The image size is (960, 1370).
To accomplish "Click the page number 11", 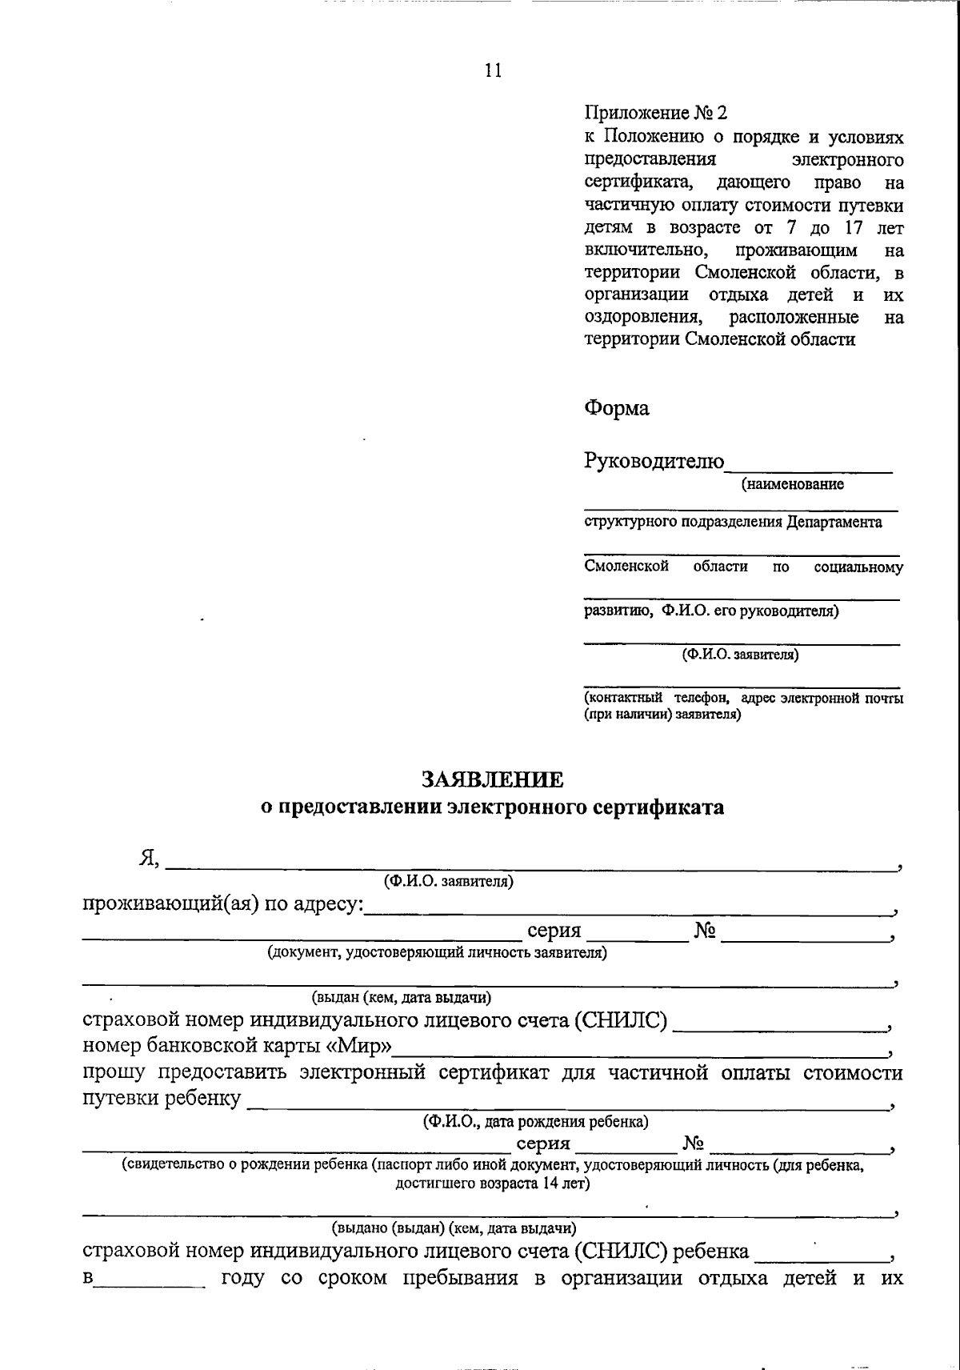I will click(x=493, y=70).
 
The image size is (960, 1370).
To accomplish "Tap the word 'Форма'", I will click(x=616, y=409).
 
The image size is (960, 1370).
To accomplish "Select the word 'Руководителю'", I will click(x=654, y=462).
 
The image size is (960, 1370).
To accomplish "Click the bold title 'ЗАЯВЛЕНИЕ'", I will click(x=492, y=779).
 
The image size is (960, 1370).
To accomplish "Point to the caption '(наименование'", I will click(x=792, y=484).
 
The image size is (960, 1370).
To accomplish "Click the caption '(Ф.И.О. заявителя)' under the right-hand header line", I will click(x=740, y=655).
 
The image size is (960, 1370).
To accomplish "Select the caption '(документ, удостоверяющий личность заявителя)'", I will click(x=437, y=953).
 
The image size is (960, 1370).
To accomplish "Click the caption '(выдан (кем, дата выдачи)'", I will click(x=402, y=998).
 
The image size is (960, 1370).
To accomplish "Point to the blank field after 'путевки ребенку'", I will click(x=568, y=1104).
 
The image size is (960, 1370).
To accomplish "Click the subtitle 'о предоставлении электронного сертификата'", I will click(x=493, y=807).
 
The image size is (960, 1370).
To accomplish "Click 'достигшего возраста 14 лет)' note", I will click(x=493, y=1184).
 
